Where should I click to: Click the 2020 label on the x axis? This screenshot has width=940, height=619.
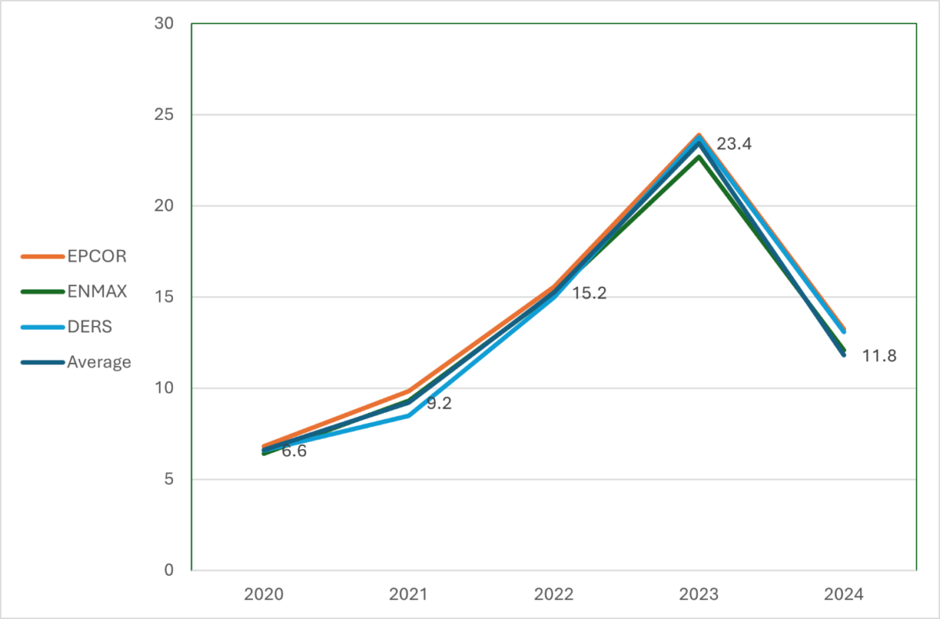[x=263, y=595]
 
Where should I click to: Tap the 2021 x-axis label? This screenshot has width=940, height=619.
[x=408, y=595]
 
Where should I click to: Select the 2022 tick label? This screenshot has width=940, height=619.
[x=553, y=595]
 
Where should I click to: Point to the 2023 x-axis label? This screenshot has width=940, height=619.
[x=699, y=595]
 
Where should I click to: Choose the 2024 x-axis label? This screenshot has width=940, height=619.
[x=844, y=595]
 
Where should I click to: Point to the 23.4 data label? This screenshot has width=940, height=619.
[x=734, y=144]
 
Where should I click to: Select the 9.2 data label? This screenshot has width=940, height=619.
[x=439, y=404]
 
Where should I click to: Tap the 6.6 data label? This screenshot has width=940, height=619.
[x=294, y=451]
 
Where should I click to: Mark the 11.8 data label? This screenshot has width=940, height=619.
[x=879, y=356]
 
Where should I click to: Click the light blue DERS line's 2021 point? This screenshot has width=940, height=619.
[x=408, y=415]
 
